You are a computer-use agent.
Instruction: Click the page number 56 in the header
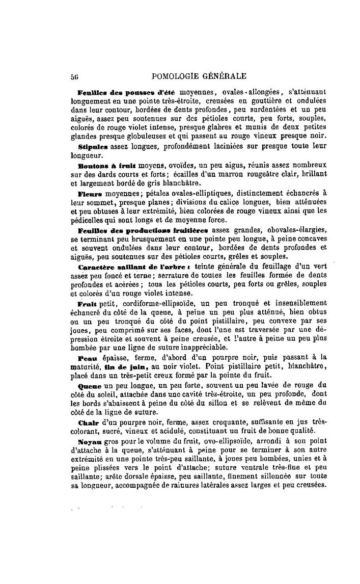pos(74,77)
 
